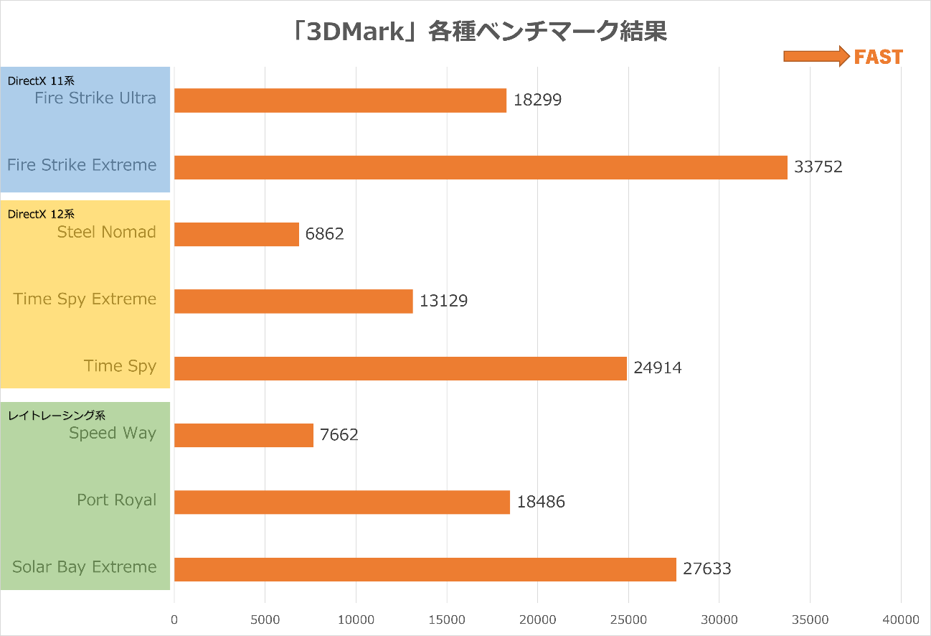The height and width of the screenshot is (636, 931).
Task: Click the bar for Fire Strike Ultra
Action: point(340,100)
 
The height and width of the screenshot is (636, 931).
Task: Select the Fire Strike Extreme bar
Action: point(481,167)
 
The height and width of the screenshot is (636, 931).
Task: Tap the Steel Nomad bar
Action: point(236,234)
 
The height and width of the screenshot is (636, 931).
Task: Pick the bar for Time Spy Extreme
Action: point(293,301)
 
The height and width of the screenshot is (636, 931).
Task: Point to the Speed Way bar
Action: point(243,435)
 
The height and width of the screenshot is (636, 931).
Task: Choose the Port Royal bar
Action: point(341,502)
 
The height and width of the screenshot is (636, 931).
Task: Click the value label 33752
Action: point(818,167)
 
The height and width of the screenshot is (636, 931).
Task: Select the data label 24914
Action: point(657,368)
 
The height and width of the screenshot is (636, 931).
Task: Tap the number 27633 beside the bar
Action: point(706,569)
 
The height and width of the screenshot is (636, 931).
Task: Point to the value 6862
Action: point(324,234)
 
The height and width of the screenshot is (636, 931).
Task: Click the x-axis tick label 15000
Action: point(447,619)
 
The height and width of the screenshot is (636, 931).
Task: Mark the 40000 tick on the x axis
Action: point(901,619)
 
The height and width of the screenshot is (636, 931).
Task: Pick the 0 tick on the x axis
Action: point(174,619)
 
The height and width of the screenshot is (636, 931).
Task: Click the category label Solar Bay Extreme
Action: point(84,567)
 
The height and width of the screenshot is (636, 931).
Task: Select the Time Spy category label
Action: point(120,366)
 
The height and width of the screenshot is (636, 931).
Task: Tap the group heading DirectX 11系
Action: point(41,81)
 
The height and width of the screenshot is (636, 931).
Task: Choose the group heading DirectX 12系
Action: point(41,214)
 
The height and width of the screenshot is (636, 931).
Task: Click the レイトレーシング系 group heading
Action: point(57,415)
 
